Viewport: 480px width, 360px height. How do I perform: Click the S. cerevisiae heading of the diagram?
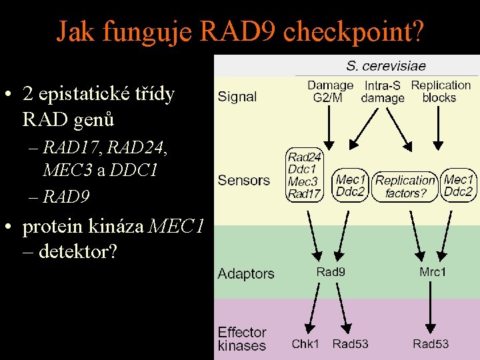386,66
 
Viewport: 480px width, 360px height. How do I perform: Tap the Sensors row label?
244,181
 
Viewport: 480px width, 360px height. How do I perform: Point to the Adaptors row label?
246,273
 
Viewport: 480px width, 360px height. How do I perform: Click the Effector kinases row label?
242,339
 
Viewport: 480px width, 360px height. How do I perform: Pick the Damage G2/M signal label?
330,91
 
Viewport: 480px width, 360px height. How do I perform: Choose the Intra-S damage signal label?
383,92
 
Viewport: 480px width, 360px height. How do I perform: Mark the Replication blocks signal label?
440,91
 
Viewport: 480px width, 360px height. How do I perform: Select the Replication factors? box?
405,187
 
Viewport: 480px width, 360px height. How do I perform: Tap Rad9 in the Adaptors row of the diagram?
331,271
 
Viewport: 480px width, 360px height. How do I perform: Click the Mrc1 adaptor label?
433,271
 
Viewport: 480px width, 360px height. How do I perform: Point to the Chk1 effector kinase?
305,344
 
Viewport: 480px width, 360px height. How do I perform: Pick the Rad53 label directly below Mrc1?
431,344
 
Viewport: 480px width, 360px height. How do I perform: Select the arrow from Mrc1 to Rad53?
431,307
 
